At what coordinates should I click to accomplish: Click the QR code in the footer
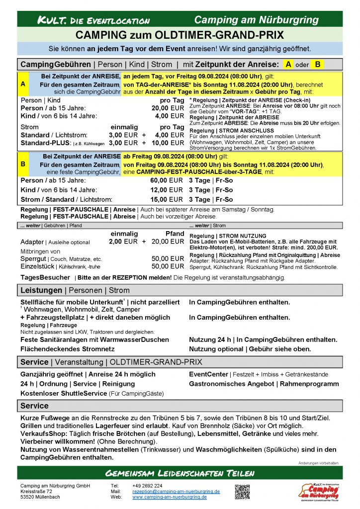click(242, 491)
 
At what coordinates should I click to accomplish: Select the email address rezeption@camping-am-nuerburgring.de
click(176, 491)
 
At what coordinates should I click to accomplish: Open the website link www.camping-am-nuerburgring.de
click(170, 497)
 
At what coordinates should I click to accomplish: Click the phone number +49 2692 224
click(147, 486)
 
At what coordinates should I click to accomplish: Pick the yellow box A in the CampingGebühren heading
click(289, 64)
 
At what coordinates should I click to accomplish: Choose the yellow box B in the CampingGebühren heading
click(318, 64)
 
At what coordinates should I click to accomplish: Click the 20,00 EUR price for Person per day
click(168, 108)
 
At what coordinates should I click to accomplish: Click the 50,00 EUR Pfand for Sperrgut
click(168, 258)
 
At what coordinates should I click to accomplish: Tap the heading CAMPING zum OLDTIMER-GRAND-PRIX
click(180, 35)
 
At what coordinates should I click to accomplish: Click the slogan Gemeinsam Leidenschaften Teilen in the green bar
click(180, 472)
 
